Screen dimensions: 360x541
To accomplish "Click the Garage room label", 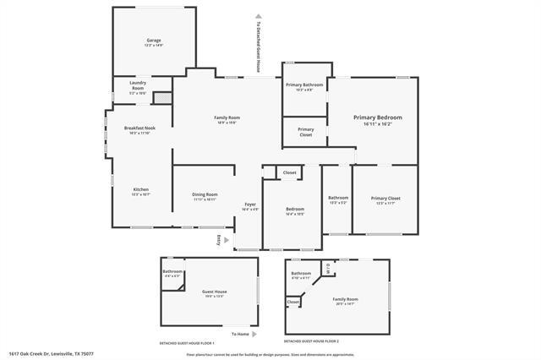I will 153,41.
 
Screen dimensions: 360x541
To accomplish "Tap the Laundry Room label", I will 138,85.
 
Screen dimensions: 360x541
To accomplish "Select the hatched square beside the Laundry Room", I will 162,97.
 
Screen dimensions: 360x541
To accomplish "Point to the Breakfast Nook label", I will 139,128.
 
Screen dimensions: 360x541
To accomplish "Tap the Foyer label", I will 250,205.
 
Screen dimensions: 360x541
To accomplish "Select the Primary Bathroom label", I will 304,85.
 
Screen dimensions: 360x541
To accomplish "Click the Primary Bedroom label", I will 377,117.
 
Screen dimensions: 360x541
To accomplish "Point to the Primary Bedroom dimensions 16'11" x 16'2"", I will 377,124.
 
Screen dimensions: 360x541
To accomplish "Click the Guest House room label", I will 214,292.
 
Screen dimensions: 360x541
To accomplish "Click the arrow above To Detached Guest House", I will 258,15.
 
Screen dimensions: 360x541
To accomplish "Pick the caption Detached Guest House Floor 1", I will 187,342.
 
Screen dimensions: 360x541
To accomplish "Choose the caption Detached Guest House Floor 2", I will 311,342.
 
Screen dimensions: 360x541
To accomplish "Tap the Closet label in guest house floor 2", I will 293,301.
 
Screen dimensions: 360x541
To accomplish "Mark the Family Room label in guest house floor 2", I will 345,298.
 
